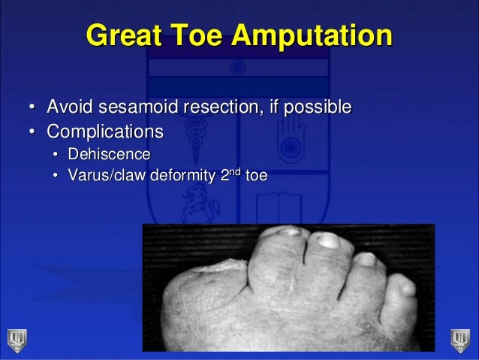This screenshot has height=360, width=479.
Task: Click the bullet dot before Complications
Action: coord(33,132)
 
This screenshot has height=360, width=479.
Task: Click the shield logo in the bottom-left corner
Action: coord(17,339)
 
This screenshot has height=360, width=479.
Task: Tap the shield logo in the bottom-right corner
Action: coord(460,339)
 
